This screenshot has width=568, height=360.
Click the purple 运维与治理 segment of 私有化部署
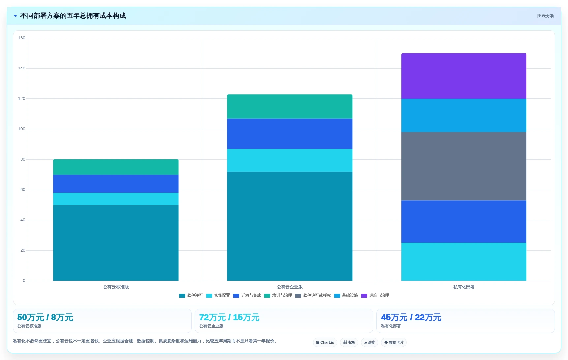(463, 76)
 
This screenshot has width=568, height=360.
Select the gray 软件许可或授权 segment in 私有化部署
(463, 166)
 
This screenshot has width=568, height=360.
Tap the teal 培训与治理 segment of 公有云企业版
(290, 106)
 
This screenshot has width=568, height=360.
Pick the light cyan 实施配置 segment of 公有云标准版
(116, 199)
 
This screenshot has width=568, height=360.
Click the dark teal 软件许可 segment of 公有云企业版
(290, 226)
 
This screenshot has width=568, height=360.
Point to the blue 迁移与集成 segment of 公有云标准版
(116, 184)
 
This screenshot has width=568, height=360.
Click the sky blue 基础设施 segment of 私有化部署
(463, 116)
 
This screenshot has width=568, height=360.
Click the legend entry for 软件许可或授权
(313, 296)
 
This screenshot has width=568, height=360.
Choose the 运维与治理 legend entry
(375, 296)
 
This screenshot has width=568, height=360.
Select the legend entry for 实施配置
(218, 296)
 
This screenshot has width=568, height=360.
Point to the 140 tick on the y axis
(22, 68)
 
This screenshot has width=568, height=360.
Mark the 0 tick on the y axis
(24, 281)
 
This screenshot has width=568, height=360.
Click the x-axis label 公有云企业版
(290, 287)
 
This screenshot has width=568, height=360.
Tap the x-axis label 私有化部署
(463, 287)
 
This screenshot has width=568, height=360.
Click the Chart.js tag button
(325, 343)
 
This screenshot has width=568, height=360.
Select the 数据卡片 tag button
(394, 343)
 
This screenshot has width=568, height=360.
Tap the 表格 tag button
(349, 343)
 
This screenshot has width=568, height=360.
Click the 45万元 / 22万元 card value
(411, 318)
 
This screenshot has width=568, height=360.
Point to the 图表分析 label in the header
(546, 16)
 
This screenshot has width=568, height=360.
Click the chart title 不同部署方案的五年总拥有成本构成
(73, 16)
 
